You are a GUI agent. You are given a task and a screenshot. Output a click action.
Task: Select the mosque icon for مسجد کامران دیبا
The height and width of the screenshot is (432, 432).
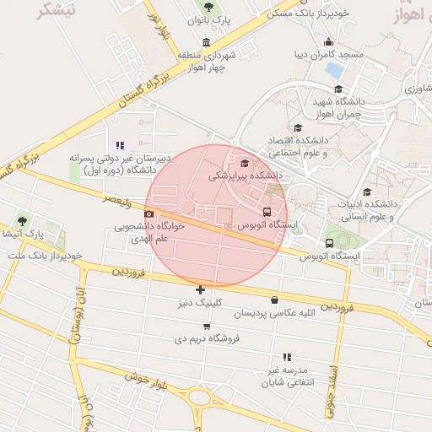[x=328, y=42]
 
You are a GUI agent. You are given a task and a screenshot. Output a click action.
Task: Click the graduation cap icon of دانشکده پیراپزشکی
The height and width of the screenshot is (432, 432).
[x=245, y=164]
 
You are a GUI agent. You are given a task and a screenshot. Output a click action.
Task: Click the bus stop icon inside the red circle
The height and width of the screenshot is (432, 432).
[x=267, y=212]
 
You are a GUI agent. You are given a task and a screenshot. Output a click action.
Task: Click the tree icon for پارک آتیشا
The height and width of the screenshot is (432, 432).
[x=22, y=221]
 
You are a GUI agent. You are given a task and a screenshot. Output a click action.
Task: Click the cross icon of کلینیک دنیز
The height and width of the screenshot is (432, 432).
[x=200, y=289]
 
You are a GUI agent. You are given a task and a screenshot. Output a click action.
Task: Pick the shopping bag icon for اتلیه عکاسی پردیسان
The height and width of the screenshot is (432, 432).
[x=274, y=300]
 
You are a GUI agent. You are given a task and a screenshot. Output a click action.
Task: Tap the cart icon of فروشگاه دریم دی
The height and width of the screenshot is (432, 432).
[x=208, y=325]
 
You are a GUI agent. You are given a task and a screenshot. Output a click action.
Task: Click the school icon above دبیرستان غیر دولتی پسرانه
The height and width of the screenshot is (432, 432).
[x=120, y=144]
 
